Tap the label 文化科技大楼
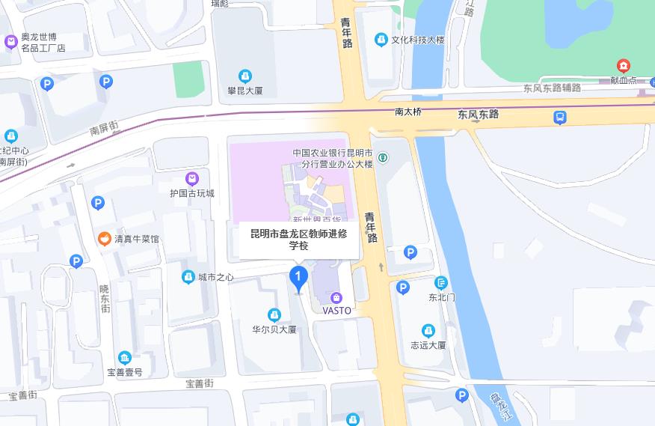click(x=418, y=40)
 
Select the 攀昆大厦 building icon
click(x=245, y=76)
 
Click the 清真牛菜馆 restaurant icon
click(x=105, y=239)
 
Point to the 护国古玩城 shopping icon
click(x=192, y=178)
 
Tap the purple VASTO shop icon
click(x=336, y=297)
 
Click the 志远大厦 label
click(x=428, y=345)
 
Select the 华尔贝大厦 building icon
click(x=274, y=314)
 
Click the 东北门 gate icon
click(x=441, y=282)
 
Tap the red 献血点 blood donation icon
click(x=623, y=66)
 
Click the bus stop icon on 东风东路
click(x=560, y=118)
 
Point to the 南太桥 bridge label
click(x=408, y=112)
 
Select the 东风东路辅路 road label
click(x=552, y=88)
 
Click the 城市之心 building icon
click(x=188, y=277)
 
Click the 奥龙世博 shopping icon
click(x=11, y=42)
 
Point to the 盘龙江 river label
click(x=496, y=407)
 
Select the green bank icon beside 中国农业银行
click(x=382, y=157)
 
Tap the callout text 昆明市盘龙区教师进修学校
click(x=298, y=239)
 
